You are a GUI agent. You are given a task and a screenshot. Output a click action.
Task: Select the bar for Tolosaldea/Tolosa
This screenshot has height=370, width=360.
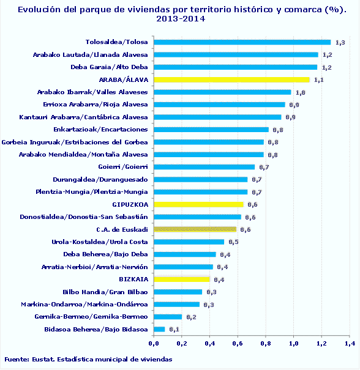[242, 42]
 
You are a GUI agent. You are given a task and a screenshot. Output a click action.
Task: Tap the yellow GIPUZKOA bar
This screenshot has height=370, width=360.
[198, 204]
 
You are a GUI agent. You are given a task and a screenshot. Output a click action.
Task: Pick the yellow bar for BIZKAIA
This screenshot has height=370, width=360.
[181, 279]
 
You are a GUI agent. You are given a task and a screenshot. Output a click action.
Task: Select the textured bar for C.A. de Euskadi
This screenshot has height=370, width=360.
[195, 229]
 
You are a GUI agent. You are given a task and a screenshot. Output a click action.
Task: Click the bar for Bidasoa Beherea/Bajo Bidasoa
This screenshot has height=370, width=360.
[159, 329]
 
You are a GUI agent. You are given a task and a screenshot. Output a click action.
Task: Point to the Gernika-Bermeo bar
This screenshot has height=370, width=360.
[168, 317]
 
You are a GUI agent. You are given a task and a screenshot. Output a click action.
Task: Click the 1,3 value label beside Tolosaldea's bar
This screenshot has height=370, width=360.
[340, 42]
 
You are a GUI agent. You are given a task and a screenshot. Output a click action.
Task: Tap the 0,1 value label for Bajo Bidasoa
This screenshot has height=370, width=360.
[174, 330]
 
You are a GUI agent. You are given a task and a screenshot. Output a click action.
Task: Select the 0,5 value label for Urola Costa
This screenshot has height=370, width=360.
[233, 242]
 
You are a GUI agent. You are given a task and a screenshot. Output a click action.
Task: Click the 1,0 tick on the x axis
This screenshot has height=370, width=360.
[293, 344]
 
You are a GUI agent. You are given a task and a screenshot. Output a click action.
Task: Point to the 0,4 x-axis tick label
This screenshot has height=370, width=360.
[209, 344]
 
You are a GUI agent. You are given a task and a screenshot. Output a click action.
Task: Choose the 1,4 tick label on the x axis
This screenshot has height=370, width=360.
[349, 344]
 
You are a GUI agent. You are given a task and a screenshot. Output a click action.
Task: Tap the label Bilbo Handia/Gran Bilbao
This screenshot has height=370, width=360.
[105, 292]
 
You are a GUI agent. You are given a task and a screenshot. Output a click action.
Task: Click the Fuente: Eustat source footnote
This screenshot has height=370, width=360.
[88, 360]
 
